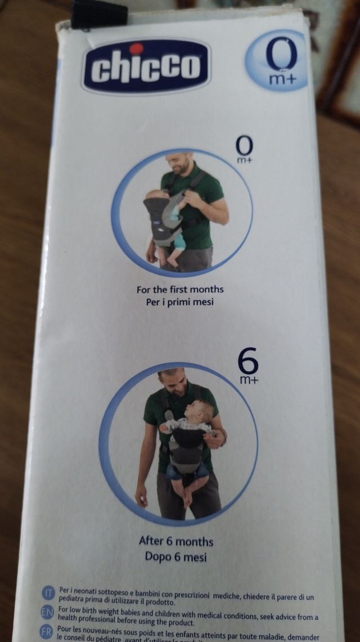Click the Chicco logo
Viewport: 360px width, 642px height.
[146, 66]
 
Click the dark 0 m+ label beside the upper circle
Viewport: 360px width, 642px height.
[244, 150]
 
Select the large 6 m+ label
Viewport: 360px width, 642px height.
[248, 366]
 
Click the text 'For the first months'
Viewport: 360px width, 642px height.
[180, 290]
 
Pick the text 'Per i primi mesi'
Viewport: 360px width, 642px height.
[180, 302]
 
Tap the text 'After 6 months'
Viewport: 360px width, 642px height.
[176, 541]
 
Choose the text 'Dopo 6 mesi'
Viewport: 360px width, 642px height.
[176, 557]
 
